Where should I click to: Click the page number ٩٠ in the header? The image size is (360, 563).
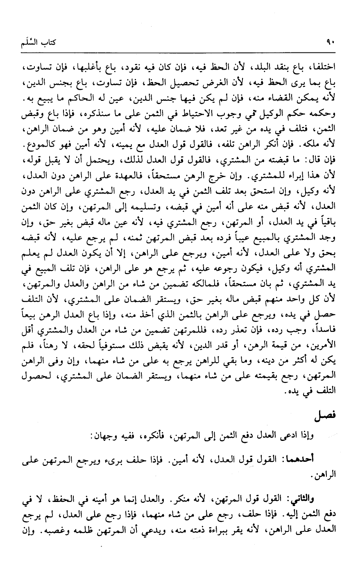(331, 42)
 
